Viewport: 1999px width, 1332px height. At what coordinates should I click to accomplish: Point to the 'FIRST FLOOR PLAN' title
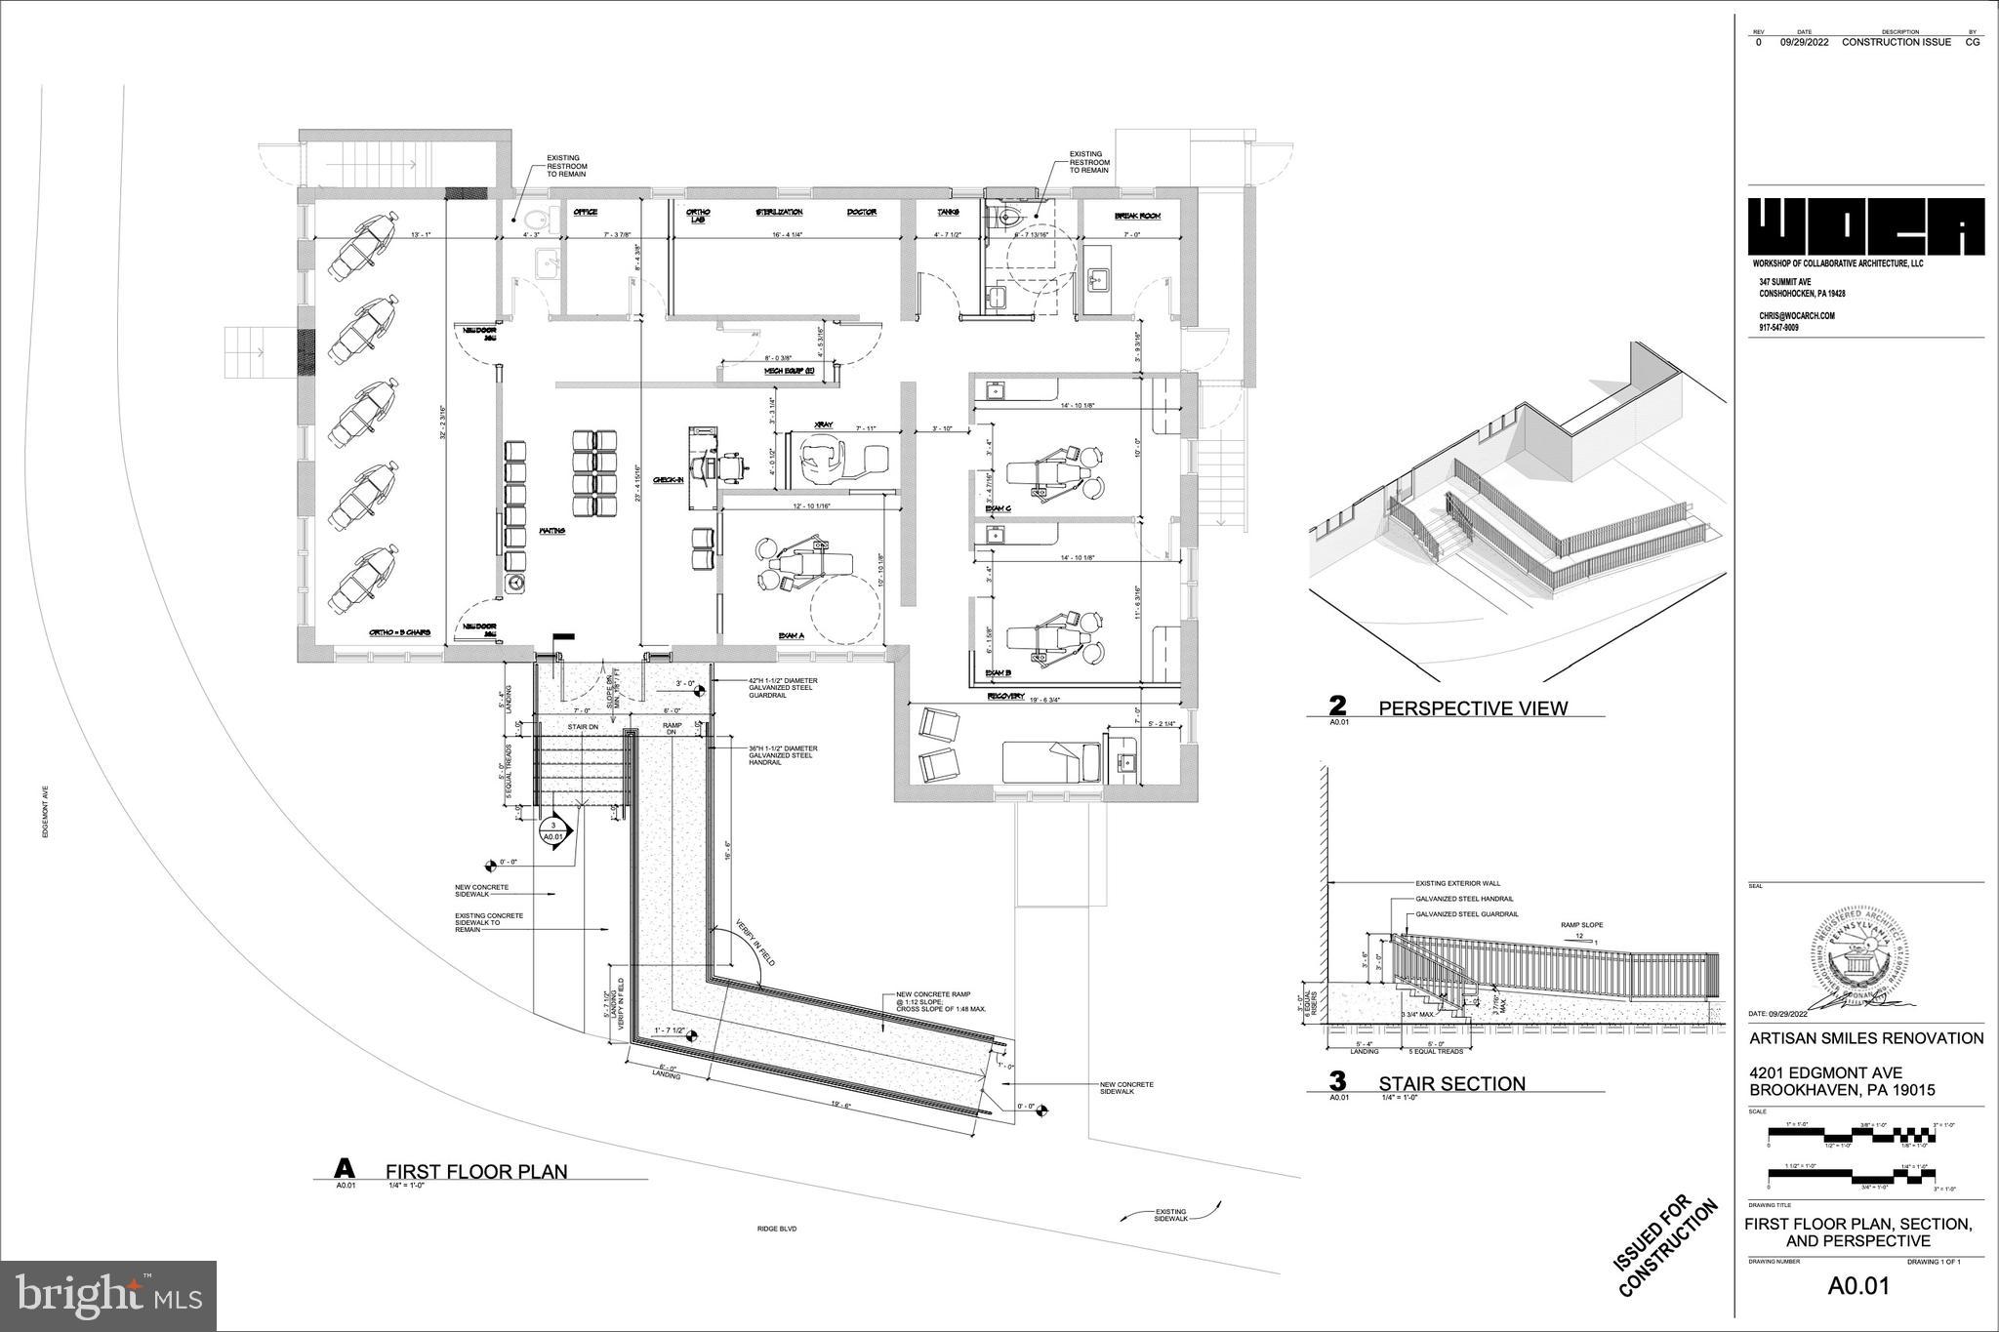pos(475,1171)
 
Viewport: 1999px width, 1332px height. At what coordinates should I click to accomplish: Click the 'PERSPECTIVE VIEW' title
pos(1472,708)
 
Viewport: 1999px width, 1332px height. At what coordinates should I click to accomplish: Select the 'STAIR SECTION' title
pos(1450,1083)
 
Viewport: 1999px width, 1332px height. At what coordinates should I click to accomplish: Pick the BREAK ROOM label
pos(1136,216)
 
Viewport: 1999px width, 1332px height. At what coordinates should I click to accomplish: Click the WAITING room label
pos(552,531)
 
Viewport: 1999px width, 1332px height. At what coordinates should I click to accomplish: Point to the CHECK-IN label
pos(668,480)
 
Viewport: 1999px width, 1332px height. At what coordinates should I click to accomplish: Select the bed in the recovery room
pos(1051,762)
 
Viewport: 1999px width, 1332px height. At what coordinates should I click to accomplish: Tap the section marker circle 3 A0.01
pos(552,831)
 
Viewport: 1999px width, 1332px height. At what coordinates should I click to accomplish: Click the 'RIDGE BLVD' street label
pos(776,1229)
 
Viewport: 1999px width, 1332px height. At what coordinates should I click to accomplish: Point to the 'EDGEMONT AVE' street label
pos(45,812)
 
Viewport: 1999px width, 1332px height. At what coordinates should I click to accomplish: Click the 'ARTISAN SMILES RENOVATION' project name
pos(1865,1038)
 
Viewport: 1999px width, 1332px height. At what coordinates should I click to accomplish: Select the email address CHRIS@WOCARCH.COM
pos(1797,316)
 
